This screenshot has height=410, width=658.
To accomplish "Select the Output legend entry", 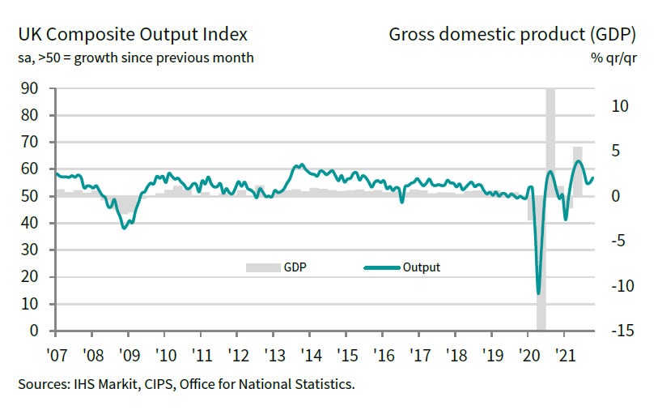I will (x=421, y=267).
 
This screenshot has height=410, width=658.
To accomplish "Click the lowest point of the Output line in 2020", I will (x=538, y=293).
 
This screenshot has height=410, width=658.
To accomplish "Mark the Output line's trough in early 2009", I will (x=124, y=228).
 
